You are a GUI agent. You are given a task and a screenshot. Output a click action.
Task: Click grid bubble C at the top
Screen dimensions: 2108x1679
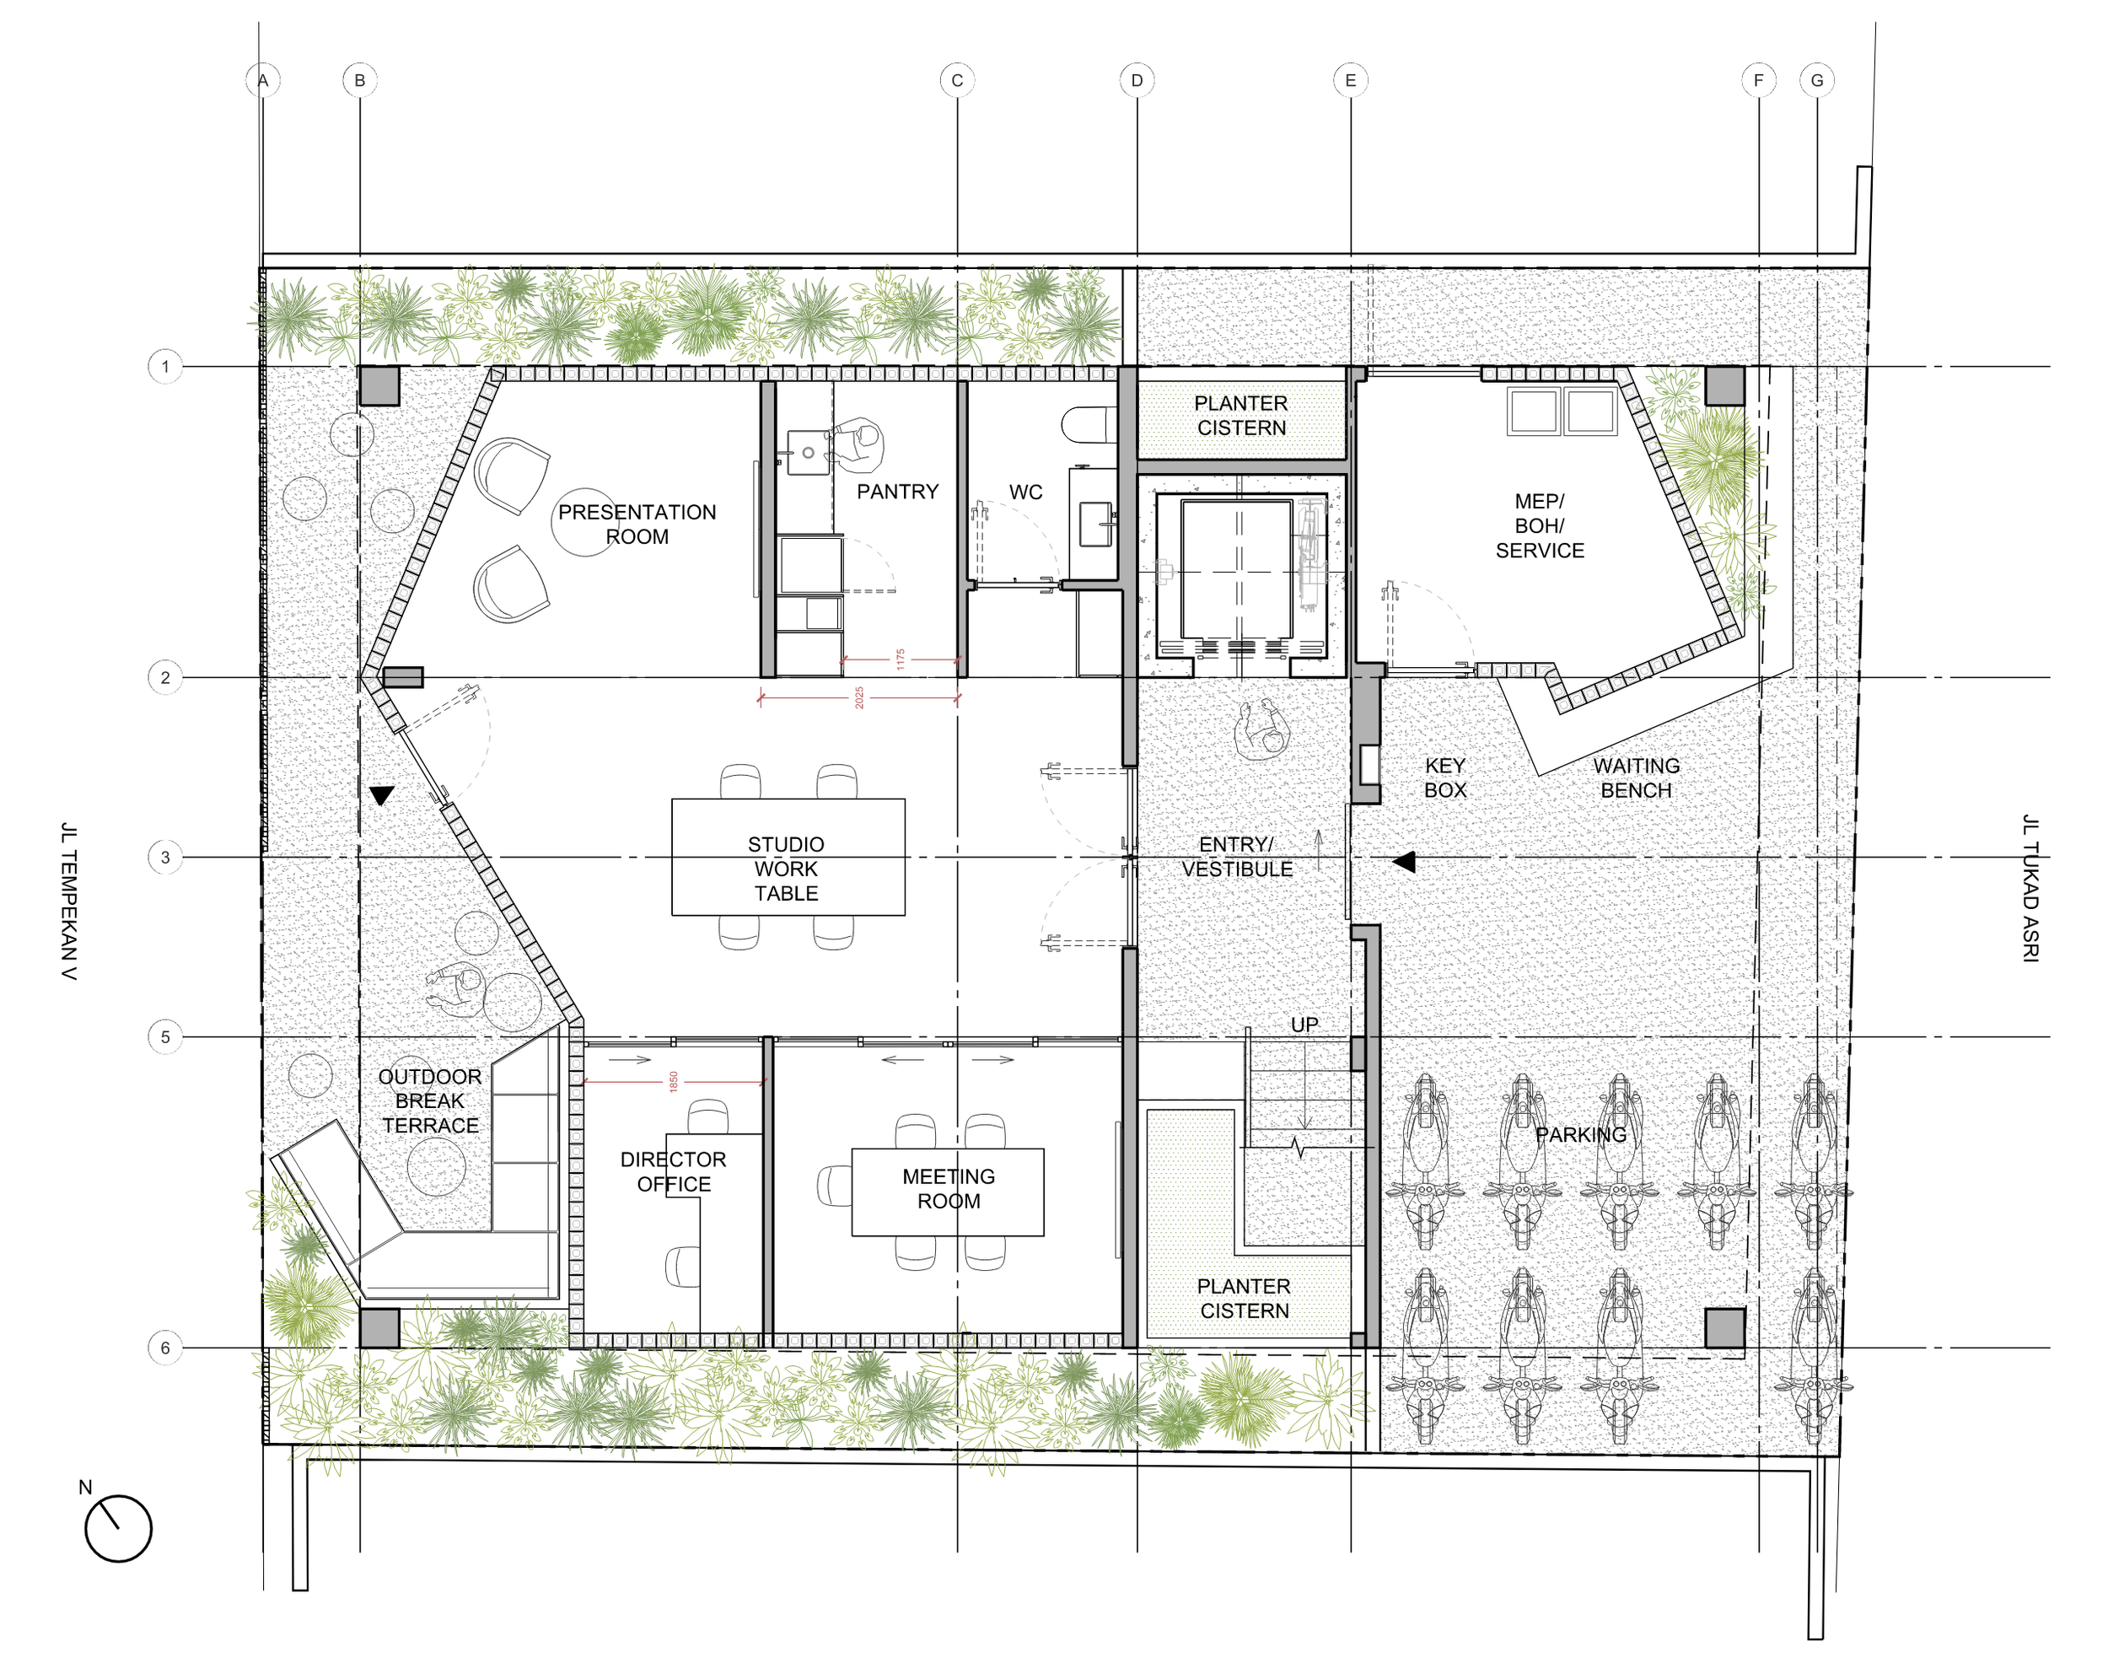pos(956,80)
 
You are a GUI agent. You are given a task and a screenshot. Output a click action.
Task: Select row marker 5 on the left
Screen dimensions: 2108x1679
pos(165,1036)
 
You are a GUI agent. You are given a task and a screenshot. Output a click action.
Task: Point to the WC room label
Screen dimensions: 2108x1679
pos(1025,492)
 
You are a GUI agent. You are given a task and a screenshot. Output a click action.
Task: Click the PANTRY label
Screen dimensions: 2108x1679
pos(897,491)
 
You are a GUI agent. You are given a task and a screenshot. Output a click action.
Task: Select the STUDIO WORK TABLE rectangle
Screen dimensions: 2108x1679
pos(788,858)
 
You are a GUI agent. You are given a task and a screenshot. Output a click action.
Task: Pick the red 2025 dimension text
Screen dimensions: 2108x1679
pos(859,697)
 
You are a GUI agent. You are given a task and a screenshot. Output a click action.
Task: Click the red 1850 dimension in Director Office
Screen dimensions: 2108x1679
pos(673,1081)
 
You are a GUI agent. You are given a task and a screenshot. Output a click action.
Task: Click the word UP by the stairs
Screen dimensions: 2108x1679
pos(1304,1024)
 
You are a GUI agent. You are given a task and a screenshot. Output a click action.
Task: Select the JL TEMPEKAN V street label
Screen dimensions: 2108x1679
pos(68,901)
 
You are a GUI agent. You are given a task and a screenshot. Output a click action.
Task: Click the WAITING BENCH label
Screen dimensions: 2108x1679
pos(1636,778)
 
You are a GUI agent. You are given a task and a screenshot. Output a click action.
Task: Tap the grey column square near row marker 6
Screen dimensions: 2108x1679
pos(379,1328)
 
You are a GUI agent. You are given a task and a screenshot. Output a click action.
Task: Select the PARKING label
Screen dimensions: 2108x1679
pos(1581,1134)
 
